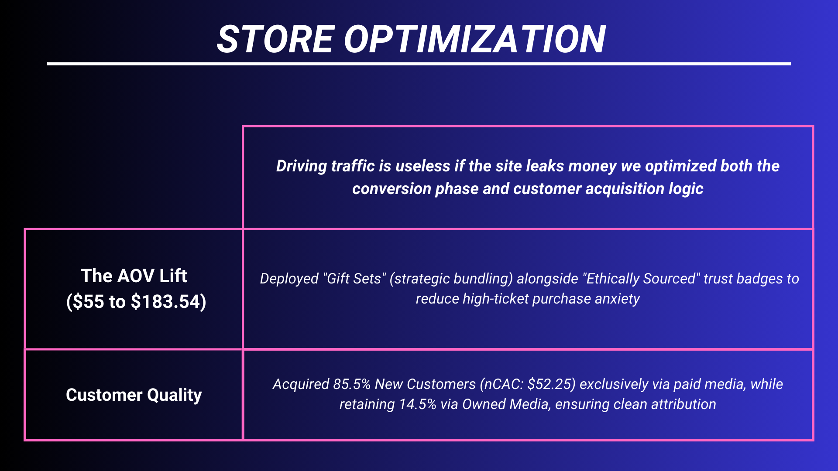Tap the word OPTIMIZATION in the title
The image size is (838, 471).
475,39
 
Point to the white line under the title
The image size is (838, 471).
419,64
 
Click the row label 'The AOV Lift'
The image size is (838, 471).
134,276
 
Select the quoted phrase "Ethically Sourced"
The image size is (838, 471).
642,279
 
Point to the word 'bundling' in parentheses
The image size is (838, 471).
486,279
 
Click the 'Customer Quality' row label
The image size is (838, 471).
134,395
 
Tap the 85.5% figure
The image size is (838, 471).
352,384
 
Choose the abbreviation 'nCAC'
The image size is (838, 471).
504,384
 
